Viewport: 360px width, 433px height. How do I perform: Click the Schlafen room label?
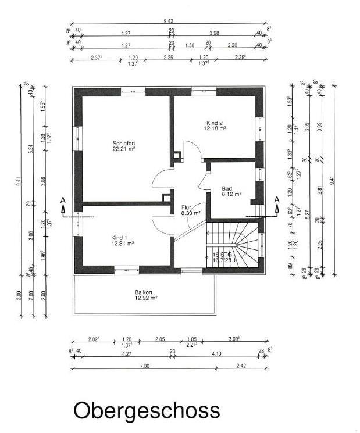coord(123,142)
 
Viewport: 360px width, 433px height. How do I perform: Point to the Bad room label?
coord(227,188)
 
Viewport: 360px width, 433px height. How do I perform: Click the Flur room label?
coord(186,207)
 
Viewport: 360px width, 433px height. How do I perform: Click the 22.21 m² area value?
coord(123,149)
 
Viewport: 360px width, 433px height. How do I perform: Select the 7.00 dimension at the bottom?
coord(145,366)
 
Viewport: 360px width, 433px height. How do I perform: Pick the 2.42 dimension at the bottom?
coord(241,366)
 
